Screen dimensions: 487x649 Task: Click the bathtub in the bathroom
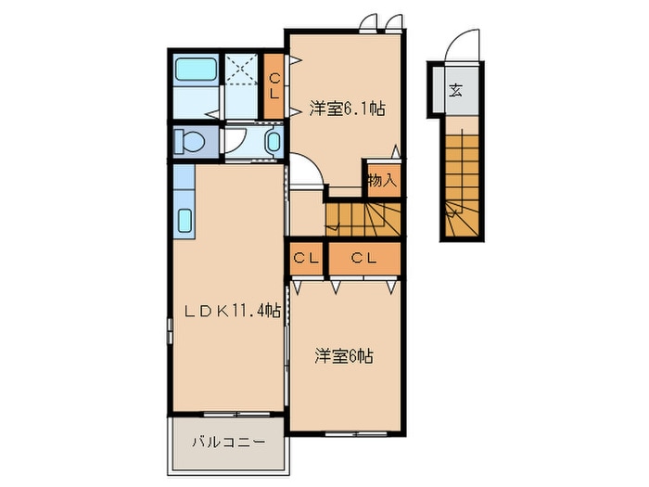195,70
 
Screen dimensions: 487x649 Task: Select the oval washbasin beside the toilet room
273,142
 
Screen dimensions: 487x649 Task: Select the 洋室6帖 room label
343,355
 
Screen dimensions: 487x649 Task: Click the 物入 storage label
382,180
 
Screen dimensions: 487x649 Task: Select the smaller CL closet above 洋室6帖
305,259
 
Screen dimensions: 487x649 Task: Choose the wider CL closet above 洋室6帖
363,259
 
